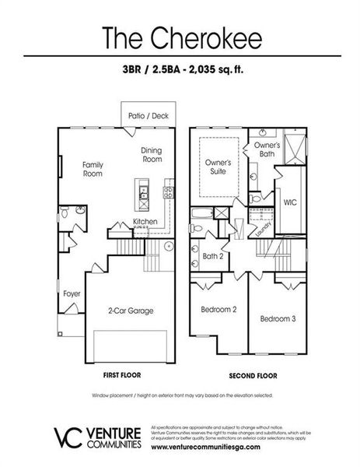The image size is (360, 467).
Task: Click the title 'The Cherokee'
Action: [180, 37]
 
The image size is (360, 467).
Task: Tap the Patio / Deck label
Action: [149, 116]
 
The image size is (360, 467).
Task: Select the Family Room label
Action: [93, 169]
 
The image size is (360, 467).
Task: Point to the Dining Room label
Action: [152, 154]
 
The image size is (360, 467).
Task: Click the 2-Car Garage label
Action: [130, 311]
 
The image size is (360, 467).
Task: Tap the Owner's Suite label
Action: [218, 167]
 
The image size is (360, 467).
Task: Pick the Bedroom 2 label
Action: [218, 309]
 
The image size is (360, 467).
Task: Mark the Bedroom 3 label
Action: [278, 318]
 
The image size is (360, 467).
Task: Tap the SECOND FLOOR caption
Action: [252, 374]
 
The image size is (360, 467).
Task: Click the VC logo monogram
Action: [65, 437]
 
